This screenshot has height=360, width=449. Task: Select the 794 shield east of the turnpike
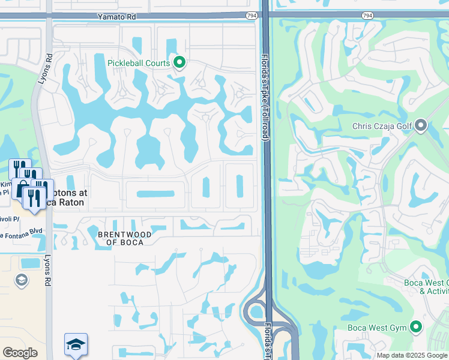point(367,15)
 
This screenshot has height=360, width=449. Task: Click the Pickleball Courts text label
point(139,63)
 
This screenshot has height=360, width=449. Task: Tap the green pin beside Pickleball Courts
point(179,62)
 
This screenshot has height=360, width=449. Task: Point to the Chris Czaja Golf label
point(382,126)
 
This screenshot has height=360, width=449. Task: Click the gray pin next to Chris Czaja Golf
point(421,125)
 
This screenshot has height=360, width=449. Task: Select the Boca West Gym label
point(377,328)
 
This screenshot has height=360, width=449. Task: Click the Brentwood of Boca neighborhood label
point(124,239)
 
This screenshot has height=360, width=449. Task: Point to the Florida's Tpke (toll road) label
point(264,98)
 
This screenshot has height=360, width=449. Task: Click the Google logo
point(20,353)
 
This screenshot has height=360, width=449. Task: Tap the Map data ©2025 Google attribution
point(412,355)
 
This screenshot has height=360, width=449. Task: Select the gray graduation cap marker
point(22,280)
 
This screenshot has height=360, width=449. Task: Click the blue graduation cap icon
point(76,344)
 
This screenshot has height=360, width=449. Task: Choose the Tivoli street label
point(9,219)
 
